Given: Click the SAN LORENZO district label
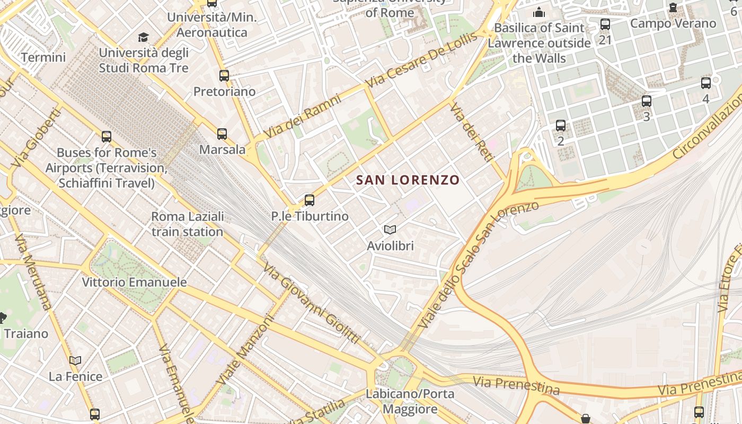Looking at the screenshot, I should tap(408, 180).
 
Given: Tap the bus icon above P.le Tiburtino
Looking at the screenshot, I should tap(310, 200).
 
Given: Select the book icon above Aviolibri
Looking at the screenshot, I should tap(390, 229).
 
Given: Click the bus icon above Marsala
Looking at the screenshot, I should tap(222, 134).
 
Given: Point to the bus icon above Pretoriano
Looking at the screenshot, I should tap(224, 76).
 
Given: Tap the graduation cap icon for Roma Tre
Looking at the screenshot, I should tap(143, 37).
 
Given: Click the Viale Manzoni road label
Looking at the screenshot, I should tap(245, 350).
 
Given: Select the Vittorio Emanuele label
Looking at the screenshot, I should tap(134, 282).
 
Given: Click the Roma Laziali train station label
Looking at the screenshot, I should tap(188, 224).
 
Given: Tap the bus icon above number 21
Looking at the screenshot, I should tap(605, 24).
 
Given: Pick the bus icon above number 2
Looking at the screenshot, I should tap(561, 126).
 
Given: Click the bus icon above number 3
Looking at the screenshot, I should tap(646, 101).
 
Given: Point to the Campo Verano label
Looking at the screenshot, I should tap(673, 23).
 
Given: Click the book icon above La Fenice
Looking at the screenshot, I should tap(75, 361).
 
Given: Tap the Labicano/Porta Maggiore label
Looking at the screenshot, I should tap(410, 401).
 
